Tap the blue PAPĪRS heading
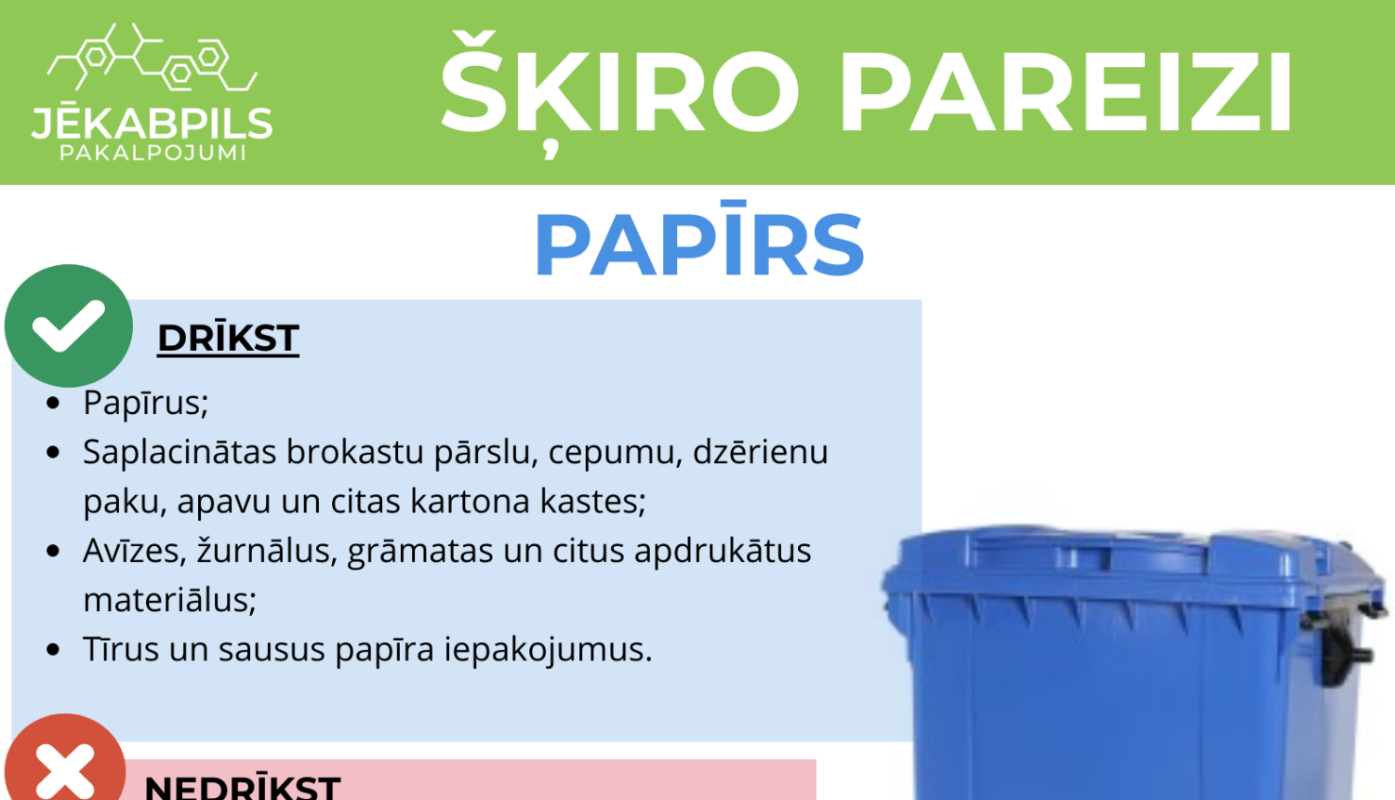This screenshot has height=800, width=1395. click(x=699, y=245)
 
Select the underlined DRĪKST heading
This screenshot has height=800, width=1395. click(x=228, y=339)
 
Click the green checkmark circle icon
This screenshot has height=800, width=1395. click(x=68, y=326)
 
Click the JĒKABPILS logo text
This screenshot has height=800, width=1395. click(x=152, y=123)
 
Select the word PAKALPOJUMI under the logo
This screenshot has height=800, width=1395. click(x=153, y=153)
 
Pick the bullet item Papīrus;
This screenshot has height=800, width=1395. click(x=145, y=403)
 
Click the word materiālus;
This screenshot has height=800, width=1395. click(x=169, y=600)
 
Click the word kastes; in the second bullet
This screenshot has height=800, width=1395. click(x=592, y=501)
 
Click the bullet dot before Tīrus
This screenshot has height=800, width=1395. click(x=53, y=649)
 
